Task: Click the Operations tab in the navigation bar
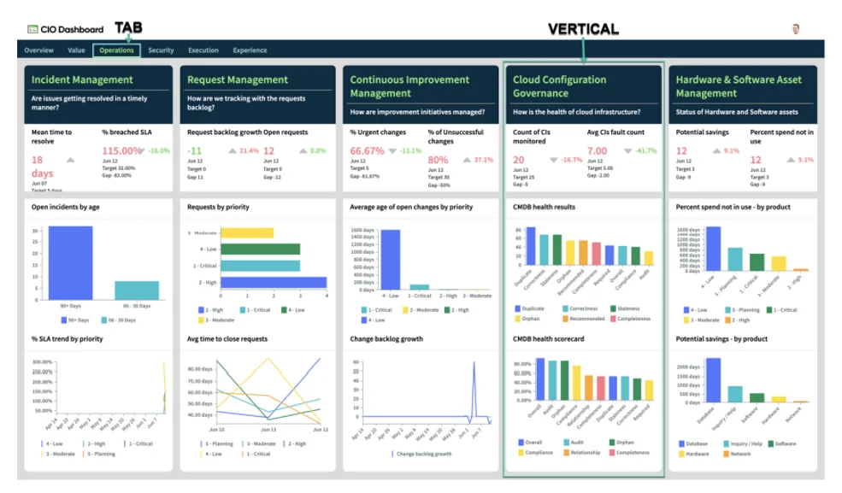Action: [116, 50]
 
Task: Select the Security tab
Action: [161, 50]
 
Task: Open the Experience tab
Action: [250, 50]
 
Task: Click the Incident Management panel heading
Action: [82, 79]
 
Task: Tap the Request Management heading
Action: [237, 79]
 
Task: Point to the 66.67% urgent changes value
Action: [367, 150]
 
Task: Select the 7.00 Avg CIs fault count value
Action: [597, 150]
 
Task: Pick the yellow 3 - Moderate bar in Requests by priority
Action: [247, 232]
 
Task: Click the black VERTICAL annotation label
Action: [583, 29]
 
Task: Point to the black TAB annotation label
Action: [128, 27]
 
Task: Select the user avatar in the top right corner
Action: [795, 29]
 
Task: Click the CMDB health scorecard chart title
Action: [548, 339]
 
